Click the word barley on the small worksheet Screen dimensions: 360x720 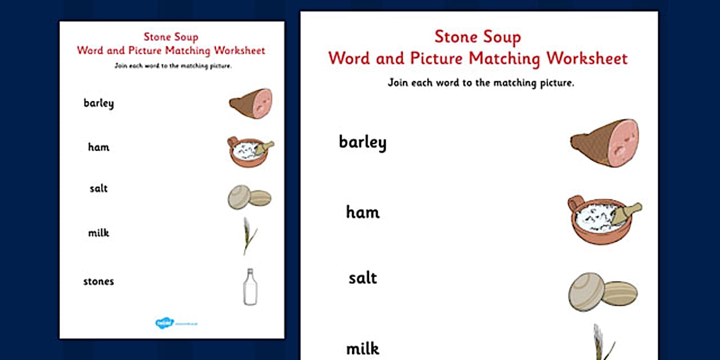(x=98, y=103)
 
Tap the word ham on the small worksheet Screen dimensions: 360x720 (x=98, y=147)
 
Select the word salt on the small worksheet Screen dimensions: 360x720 (x=98, y=189)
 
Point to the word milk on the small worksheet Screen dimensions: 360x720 (x=98, y=233)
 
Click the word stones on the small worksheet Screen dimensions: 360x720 (x=98, y=281)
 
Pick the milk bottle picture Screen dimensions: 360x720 (x=250, y=287)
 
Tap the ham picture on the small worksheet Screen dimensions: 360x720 (x=251, y=103)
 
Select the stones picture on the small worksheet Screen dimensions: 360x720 (x=249, y=197)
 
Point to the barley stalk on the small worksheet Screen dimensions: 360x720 (x=248, y=235)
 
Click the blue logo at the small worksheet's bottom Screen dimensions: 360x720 (x=164, y=323)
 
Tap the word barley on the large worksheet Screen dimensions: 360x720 (x=362, y=142)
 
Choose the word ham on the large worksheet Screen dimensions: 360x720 (x=362, y=213)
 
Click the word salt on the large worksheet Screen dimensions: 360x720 (x=362, y=278)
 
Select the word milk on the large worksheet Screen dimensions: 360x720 (x=362, y=348)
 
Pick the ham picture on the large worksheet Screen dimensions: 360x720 (x=605, y=143)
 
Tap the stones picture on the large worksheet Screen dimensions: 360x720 (x=602, y=292)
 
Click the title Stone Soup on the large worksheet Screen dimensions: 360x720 (x=478, y=37)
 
